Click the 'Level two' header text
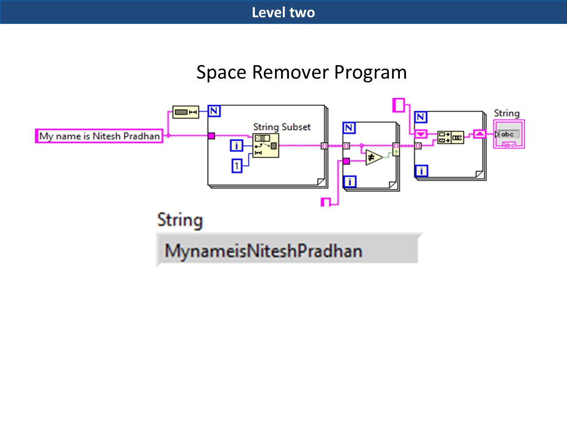[283, 12]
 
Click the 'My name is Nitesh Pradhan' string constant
[99, 136]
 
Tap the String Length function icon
[185, 112]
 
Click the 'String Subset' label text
[282, 127]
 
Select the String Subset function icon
[266, 145]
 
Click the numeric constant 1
[237, 166]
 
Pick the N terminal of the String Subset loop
[214, 111]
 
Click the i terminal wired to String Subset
[236, 145]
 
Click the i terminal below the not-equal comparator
[350, 181]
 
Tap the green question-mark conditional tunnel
[396, 152]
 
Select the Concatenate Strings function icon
[450, 137]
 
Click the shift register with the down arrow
[420, 134]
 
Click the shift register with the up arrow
[480, 134]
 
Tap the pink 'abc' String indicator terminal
[509, 134]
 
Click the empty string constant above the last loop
[399, 105]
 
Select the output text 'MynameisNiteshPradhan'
[263, 251]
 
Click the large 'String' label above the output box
[180, 220]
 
